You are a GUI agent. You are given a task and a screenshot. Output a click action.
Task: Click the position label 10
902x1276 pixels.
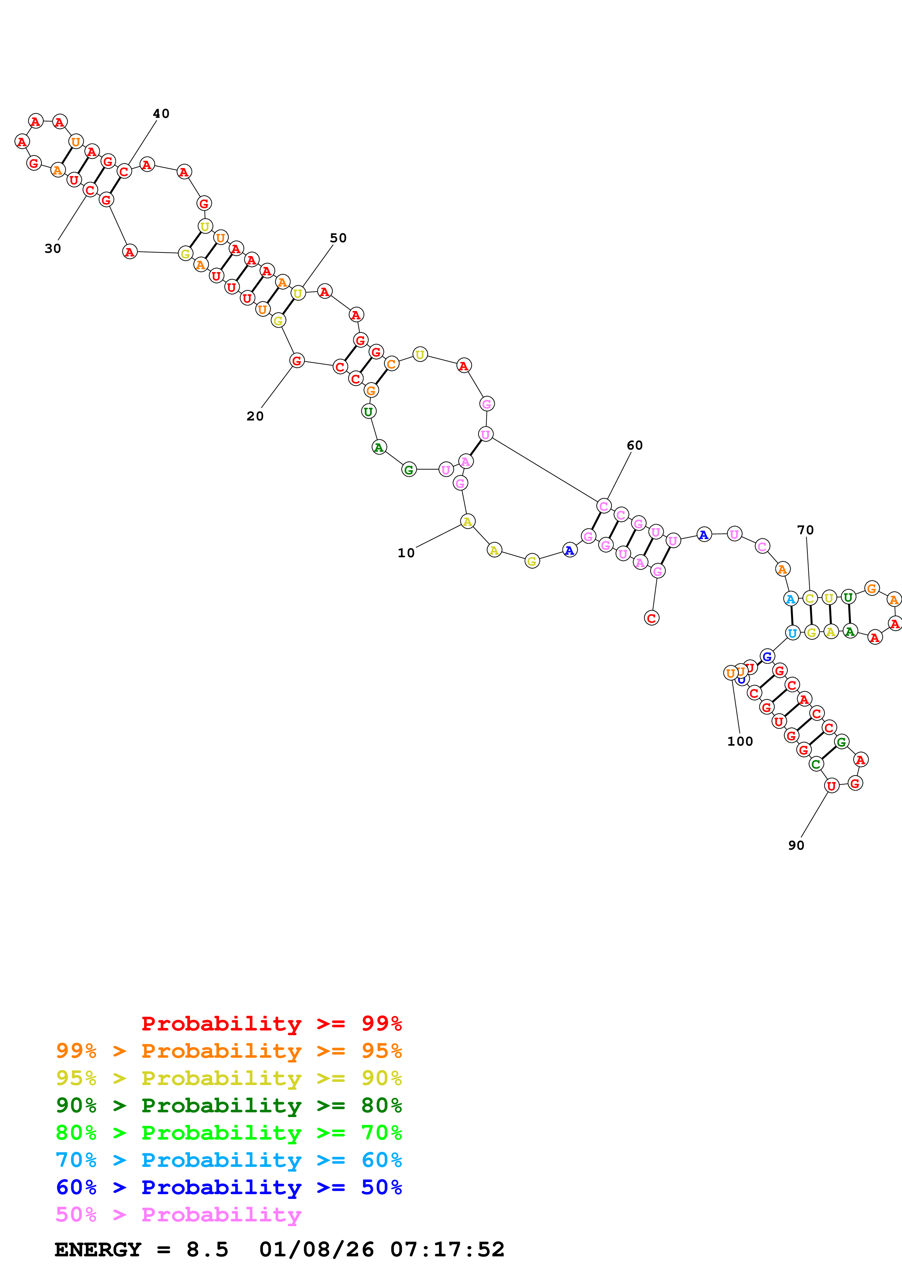pos(406,553)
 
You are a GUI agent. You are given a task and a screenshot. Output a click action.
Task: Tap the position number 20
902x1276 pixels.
pos(255,416)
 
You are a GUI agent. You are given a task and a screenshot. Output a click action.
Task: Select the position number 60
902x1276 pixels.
pos(634,445)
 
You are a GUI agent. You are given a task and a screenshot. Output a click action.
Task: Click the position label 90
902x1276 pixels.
pos(796,845)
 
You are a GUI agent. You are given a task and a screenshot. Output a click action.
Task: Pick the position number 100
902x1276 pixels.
pos(740,741)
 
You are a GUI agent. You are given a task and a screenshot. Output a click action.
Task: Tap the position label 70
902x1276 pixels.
pos(805,530)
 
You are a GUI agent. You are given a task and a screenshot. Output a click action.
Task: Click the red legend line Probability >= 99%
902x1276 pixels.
pos(271,1024)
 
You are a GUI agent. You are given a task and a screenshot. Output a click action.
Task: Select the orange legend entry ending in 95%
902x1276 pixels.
pos(229,1051)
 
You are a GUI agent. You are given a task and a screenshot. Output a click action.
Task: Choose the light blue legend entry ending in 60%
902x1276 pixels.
pos(229,1160)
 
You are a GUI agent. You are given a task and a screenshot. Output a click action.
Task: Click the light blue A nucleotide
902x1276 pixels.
pos(790,599)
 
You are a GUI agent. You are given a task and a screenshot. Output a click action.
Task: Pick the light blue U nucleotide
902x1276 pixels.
pos(792,633)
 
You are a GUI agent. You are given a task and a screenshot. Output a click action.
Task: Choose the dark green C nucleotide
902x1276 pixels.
pos(816,764)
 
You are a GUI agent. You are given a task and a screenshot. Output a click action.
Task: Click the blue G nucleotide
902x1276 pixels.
pos(767,656)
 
